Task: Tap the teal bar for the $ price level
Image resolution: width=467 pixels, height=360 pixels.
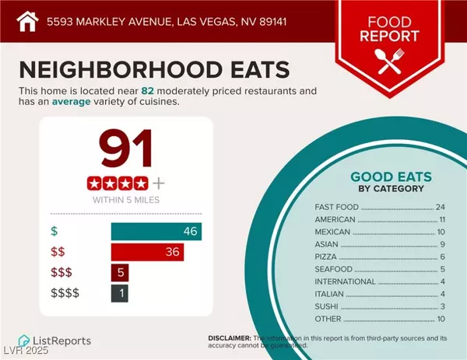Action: click(x=156, y=231)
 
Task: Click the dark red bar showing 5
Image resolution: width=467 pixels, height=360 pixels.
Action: click(x=119, y=273)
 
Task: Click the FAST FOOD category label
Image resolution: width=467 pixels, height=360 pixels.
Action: click(x=337, y=208)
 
